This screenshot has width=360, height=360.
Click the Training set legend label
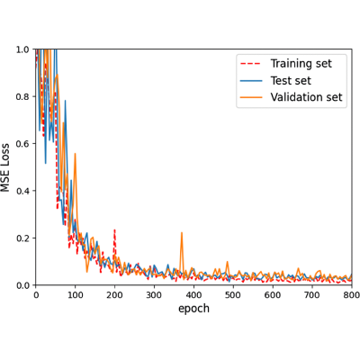pyautogui.click(x=301, y=64)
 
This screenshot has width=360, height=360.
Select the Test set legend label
pyautogui.click(x=291, y=80)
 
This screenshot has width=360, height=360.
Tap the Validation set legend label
pyautogui.click(x=306, y=97)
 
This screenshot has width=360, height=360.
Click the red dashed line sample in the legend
pyautogui.click(x=251, y=64)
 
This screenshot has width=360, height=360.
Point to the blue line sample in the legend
pyautogui.click(x=251, y=80)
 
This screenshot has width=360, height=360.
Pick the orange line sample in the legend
pyautogui.click(x=251, y=97)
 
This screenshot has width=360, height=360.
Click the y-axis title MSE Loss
pyautogui.click(x=5, y=167)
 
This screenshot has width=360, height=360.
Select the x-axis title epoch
pyautogui.click(x=193, y=309)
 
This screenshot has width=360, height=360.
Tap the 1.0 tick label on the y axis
pyautogui.click(x=22, y=49)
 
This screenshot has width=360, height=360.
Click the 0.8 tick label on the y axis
pyautogui.click(x=22, y=96)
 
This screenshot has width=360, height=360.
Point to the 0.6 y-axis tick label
pyautogui.click(x=22, y=143)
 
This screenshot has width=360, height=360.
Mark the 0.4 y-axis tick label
pyautogui.click(x=22, y=191)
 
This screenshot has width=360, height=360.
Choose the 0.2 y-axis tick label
pyautogui.click(x=22, y=238)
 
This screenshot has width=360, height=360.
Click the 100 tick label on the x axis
pyautogui.click(x=76, y=295)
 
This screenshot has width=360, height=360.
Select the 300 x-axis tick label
pyautogui.click(x=154, y=295)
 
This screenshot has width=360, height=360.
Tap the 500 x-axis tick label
pyautogui.click(x=233, y=295)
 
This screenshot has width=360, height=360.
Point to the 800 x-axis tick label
pyautogui.click(x=352, y=295)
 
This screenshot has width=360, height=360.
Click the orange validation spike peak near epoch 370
pyautogui.click(x=182, y=233)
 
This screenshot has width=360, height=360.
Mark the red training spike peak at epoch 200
pyautogui.click(x=114, y=230)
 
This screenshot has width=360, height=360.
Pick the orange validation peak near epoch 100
pyautogui.click(x=75, y=154)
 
